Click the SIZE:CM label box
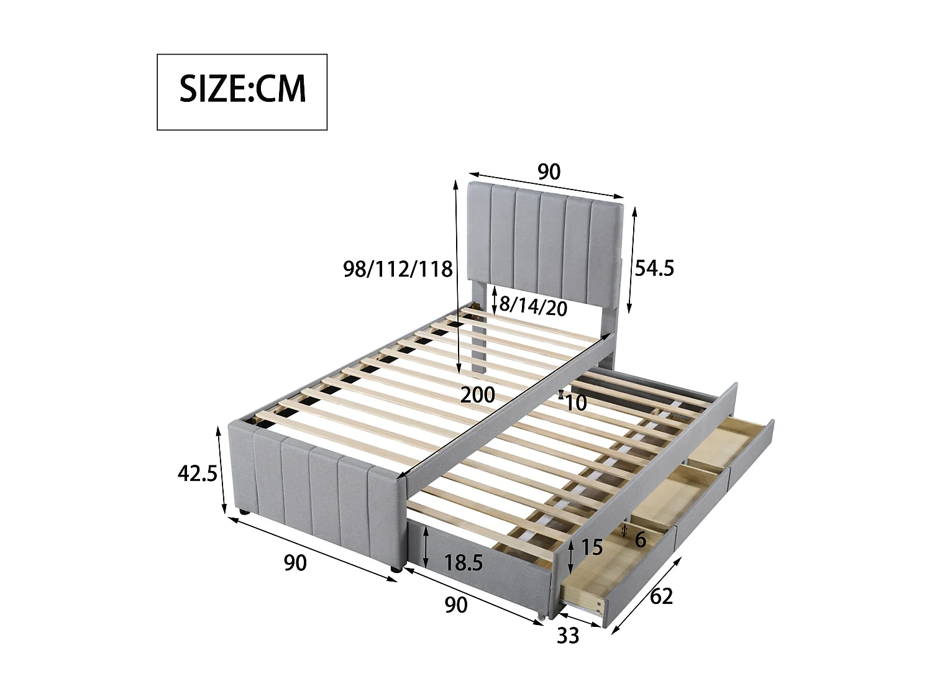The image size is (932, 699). pyautogui.click(x=242, y=92)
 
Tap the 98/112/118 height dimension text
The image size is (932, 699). pyautogui.click(x=398, y=269)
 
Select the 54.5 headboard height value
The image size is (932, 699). pyautogui.click(x=654, y=268)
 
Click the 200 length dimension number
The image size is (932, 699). pyautogui.click(x=477, y=395)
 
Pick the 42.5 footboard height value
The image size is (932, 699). pyautogui.click(x=197, y=473)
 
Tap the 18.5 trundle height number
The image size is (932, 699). pyautogui.click(x=464, y=563)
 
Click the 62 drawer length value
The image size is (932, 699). pyautogui.click(x=661, y=596)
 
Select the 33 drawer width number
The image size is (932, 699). pyautogui.click(x=567, y=636)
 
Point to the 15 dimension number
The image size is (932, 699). pyautogui.click(x=592, y=547)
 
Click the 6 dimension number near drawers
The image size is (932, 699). pyautogui.click(x=641, y=540)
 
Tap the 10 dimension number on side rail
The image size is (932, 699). pyautogui.click(x=576, y=403)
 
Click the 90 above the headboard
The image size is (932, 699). pyautogui.click(x=549, y=171)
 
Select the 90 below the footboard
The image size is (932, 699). pyautogui.click(x=295, y=563)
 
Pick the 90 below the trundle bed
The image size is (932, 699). pyautogui.click(x=456, y=605)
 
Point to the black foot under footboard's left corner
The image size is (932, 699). pyautogui.click(x=244, y=513)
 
